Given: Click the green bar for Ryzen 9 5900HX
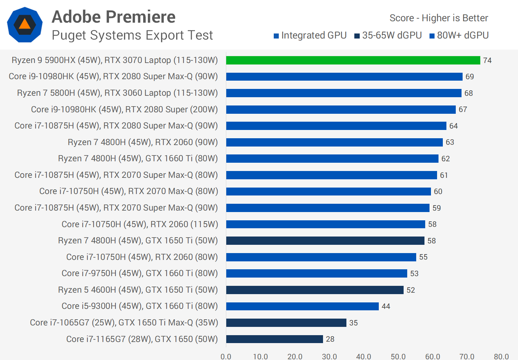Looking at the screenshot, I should tap(353, 60).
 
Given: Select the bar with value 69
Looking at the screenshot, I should tap(344, 77).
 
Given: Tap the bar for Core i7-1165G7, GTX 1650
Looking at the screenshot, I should tap(274, 339).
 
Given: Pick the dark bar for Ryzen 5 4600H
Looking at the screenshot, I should tap(315, 290).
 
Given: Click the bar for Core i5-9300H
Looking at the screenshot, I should tap(302, 306).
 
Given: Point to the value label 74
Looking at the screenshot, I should tap(487, 60).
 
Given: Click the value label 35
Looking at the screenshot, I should tap(354, 323).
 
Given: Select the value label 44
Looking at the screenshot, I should tap(386, 306).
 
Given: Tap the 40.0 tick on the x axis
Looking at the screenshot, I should tap(364, 356).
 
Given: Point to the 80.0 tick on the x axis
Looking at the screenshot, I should tap(501, 356).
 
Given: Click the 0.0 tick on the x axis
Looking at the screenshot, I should tap(226, 356).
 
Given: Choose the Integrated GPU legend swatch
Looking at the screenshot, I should tap(276, 36).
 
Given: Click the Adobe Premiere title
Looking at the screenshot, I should tap(114, 17).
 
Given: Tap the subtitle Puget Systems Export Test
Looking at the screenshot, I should tap(132, 35).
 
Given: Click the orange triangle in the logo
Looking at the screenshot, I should tap(24, 24).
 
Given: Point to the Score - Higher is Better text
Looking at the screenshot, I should tap(439, 18).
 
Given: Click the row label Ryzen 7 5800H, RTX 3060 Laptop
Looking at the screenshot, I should tap(117, 93).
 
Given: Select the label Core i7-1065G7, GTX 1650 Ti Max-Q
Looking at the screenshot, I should tap(124, 323).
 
